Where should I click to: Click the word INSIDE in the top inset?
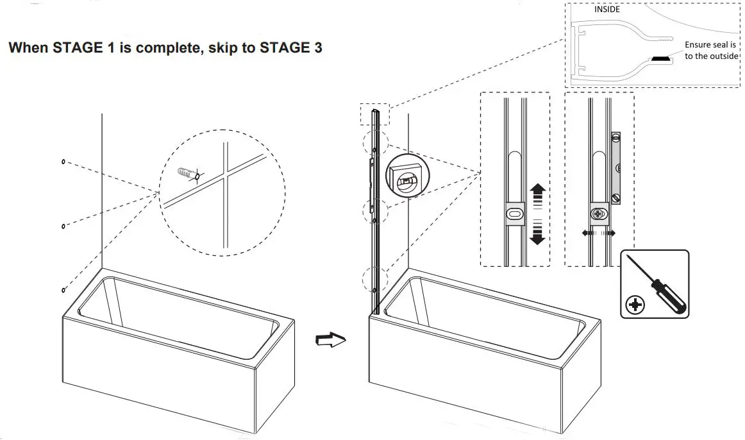607,9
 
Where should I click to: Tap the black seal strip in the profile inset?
661,59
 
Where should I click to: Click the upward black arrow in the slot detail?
538,192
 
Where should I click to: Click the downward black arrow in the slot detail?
538,235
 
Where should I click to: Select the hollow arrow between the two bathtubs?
331,339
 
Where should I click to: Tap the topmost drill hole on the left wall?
63,162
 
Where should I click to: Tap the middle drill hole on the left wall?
63,225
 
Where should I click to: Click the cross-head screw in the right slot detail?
599,214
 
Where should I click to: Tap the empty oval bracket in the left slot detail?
514,214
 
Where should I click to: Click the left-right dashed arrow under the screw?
599,233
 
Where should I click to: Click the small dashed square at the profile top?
374,116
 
